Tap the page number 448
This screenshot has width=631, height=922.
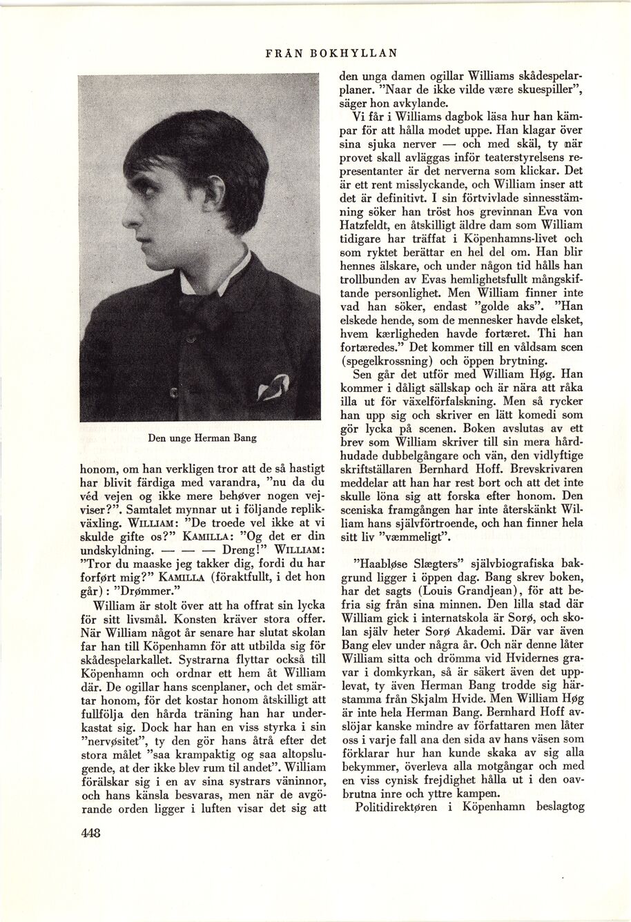[90, 832]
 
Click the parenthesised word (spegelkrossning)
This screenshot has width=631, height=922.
[389, 360]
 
